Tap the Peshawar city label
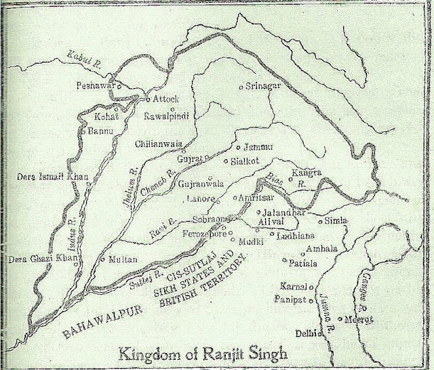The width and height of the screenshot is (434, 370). [93, 87]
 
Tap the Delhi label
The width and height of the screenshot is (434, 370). [307, 333]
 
